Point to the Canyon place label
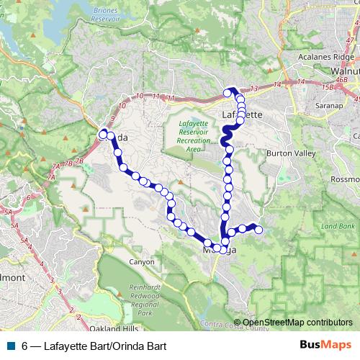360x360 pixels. point(141,261)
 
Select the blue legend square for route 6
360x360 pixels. point(11,345)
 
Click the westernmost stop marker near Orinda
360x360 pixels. point(103,132)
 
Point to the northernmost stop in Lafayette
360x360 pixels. point(228,92)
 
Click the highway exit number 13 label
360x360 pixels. point(254,89)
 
